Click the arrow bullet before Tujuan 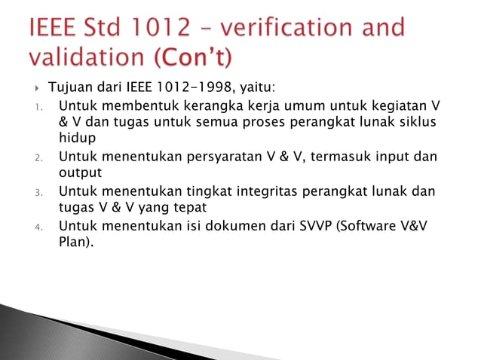click(37, 92)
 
